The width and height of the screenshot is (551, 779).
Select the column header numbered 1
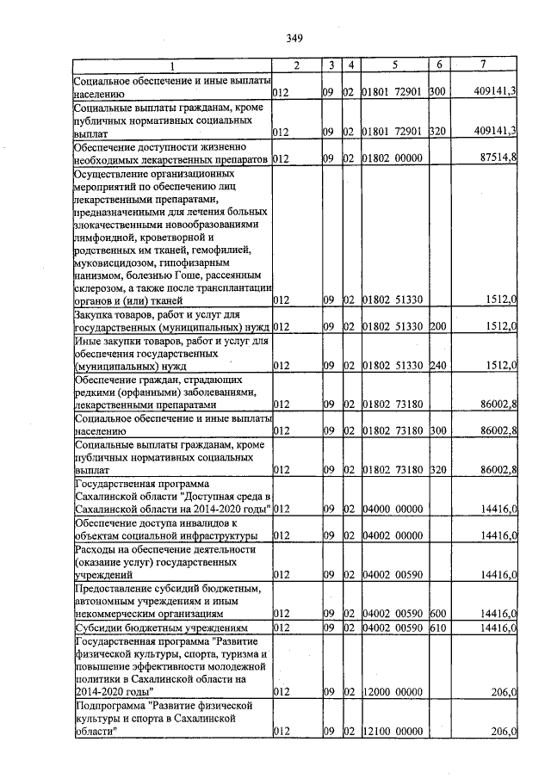click(170, 65)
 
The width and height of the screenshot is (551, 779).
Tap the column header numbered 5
click(393, 65)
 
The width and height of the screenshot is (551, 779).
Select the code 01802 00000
click(392, 158)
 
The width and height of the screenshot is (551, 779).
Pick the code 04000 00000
click(392, 510)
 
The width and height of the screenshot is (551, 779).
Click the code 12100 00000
click(392, 731)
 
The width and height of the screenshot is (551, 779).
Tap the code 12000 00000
click(392, 691)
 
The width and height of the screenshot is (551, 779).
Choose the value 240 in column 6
click(437, 366)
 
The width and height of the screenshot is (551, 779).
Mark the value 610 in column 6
click(437, 629)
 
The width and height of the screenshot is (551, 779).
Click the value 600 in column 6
click(437, 615)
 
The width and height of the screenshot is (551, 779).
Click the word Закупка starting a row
click(96, 314)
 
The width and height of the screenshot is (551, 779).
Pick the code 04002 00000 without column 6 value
click(392, 535)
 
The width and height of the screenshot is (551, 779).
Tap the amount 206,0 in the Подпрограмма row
click(502, 731)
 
